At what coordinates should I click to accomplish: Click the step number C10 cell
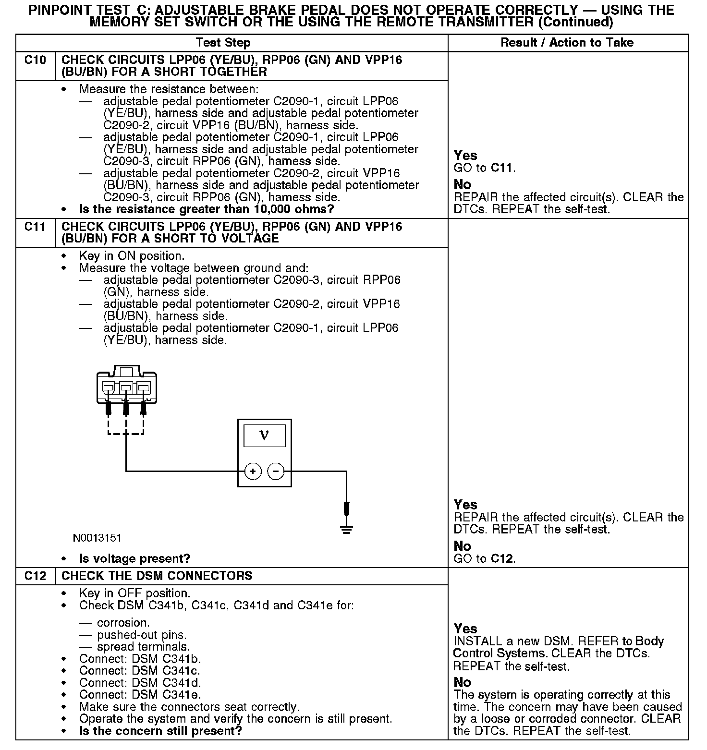(35, 60)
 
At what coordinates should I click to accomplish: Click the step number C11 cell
(35, 227)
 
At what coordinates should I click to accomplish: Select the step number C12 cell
(35, 576)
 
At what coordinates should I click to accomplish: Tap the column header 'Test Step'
(223, 43)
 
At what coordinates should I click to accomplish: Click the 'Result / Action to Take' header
(567, 43)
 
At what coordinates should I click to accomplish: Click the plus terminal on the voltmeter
(253, 472)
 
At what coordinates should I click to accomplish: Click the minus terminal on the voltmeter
(276, 472)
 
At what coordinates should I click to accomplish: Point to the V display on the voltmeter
(264, 436)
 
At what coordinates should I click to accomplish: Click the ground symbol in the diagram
(346, 529)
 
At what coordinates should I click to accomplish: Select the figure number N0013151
(97, 538)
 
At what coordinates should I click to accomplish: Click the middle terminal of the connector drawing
(126, 387)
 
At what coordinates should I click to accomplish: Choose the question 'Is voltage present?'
(134, 559)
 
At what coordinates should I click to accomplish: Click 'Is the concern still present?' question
(160, 731)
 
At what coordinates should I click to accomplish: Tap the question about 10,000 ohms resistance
(206, 209)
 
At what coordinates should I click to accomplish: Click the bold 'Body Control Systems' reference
(559, 647)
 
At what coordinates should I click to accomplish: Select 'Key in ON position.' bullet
(132, 256)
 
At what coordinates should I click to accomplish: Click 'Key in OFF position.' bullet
(134, 593)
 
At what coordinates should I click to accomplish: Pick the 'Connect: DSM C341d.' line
(140, 683)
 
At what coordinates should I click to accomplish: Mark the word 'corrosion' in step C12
(123, 623)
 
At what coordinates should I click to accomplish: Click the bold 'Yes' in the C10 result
(465, 156)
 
